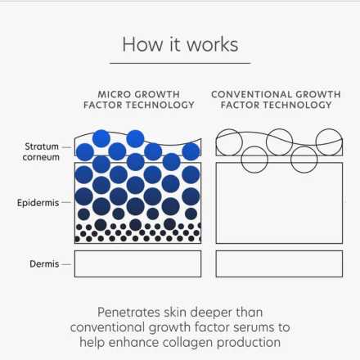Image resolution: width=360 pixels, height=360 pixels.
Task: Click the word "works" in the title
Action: [212, 44]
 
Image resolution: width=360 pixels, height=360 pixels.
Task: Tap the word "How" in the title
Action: [142, 44]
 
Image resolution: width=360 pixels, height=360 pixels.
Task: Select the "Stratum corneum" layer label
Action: [41, 151]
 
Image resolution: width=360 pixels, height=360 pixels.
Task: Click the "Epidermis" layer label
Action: [38, 203]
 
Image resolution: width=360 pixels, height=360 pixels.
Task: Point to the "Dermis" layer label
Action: [44, 263]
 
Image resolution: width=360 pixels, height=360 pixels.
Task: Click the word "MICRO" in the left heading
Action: [115, 94]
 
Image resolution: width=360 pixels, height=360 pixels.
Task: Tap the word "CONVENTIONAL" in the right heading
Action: [251, 94]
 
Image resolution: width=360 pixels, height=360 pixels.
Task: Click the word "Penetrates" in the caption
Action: [128, 313]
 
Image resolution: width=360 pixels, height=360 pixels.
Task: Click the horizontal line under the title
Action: [180, 63]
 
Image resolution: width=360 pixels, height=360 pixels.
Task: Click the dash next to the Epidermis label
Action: [66, 203]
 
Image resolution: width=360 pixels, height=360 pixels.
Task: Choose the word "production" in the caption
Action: [249, 343]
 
